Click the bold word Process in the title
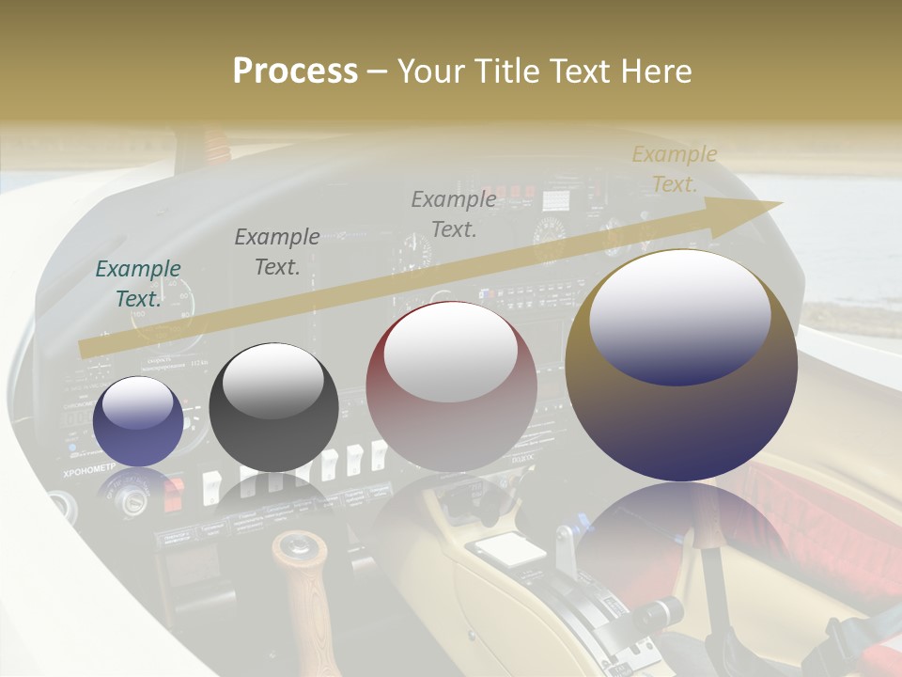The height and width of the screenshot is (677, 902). [295, 71]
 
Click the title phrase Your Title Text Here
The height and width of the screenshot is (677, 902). [544, 71]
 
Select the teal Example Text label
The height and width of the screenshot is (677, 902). [138, 283]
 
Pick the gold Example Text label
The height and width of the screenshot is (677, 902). [674, 169]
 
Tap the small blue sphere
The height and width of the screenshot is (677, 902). [138, 422]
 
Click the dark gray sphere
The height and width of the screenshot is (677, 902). [273, 407]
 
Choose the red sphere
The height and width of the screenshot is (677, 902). [451, 387]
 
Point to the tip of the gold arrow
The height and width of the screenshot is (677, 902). [781, 203]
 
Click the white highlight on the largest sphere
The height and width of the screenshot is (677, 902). [679, 316]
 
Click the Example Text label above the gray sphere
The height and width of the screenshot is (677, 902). [276, 252]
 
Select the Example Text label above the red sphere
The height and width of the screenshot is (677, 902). [454, 213]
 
